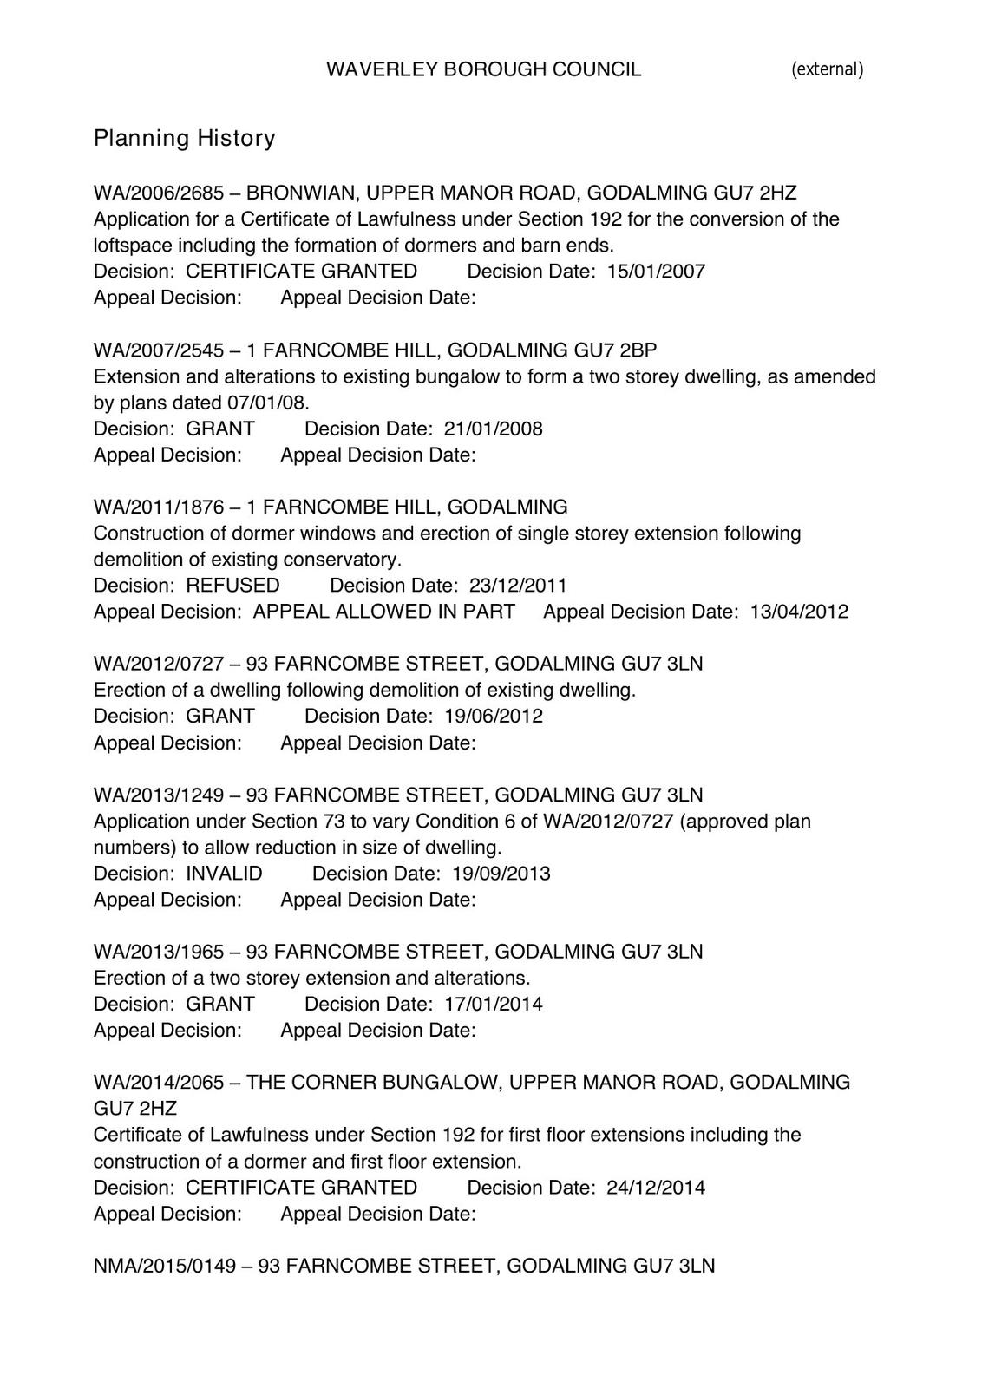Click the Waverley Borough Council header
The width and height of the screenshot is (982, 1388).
coord(483,69)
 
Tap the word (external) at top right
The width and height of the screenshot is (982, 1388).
coord(827,69)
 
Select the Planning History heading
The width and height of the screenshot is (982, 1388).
coord(184,138)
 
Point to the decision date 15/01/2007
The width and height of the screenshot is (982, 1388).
coord(656,272)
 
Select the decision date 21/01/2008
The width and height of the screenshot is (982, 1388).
coord(493,429)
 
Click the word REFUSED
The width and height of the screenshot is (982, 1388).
coord(232,586)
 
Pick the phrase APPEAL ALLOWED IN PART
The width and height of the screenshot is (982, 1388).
coord(383,612)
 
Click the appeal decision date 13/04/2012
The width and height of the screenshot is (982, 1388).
coord(799,612)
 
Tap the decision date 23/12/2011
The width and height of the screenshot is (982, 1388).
coord(518,586)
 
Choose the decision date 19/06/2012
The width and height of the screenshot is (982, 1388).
coord(493,717)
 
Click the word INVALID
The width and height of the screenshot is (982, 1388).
coord(224,874)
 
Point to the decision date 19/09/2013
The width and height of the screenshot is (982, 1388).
coord(501,874)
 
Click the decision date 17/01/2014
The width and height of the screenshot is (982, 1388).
coord(493,1005)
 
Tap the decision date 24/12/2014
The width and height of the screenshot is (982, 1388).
coord(656,1188)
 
